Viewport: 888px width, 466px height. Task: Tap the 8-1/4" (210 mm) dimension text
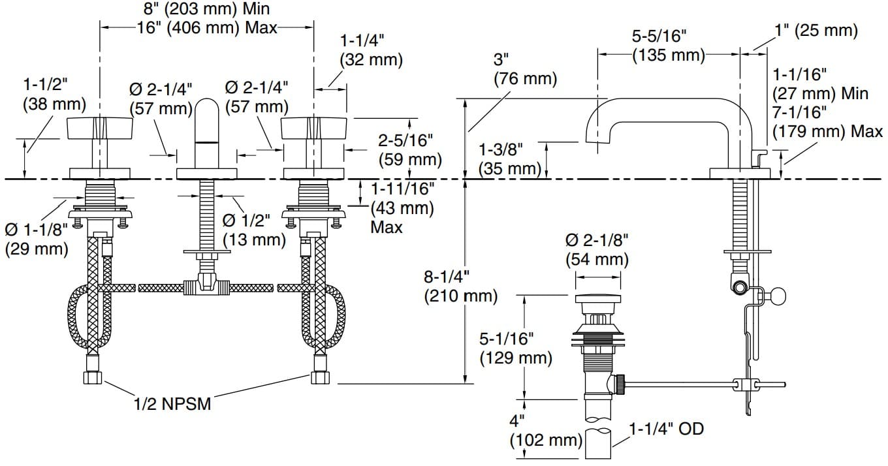(460, 286)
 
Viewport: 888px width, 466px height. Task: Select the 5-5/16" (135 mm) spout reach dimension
(669, 46)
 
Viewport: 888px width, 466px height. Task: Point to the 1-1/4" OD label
(667, 429)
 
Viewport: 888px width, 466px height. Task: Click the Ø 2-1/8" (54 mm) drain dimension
(597, 249)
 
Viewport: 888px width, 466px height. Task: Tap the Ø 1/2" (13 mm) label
(255, 230)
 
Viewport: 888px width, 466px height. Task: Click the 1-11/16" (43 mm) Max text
(402, 208)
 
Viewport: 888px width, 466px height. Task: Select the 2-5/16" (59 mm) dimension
(410, 149)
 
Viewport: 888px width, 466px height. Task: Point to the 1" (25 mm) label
(816, 31)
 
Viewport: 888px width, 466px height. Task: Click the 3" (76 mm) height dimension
(525, 70)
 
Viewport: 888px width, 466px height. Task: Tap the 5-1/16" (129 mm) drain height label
(515, 348)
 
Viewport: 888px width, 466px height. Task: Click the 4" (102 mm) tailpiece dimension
(546, 431)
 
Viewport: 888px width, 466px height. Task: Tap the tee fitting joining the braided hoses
(207, 285)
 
